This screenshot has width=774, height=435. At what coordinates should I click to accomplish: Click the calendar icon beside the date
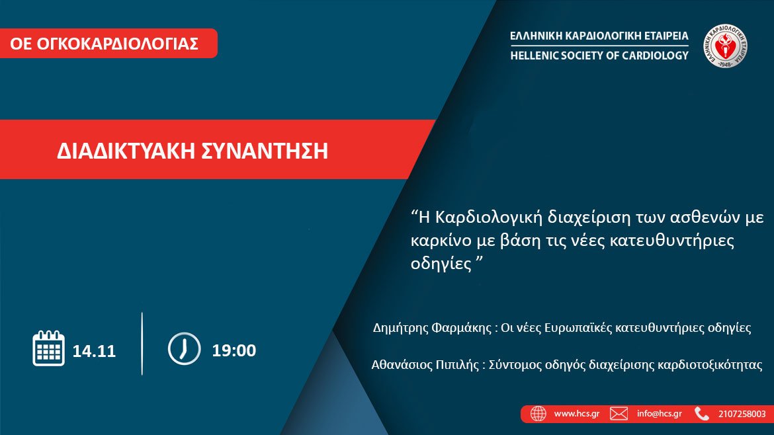(48, 348)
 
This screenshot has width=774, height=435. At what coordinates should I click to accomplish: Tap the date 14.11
(94, 351)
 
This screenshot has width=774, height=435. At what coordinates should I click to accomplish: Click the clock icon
(184, 348)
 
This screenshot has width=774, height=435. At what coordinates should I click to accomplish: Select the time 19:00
(234, 350)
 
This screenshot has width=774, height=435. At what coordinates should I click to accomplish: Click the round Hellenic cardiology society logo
(725, 46)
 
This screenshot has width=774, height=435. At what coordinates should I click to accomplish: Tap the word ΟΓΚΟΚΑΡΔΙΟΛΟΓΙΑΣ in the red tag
(118, 44)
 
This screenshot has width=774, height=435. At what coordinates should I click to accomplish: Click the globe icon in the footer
(538, 414)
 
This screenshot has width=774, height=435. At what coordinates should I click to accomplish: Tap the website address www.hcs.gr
(577, 414)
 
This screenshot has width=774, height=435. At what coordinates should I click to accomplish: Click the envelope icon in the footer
(619, 414)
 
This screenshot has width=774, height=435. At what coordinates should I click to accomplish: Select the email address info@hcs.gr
(659, 414)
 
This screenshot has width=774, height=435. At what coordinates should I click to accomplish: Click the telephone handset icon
(701, 414)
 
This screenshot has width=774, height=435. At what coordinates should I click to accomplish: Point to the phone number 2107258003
(742, 414)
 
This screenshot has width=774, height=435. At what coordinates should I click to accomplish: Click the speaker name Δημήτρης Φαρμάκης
(432, 328)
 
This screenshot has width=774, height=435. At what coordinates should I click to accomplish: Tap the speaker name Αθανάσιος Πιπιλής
(425, 365)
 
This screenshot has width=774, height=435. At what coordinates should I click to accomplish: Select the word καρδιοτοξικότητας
(710, 365)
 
